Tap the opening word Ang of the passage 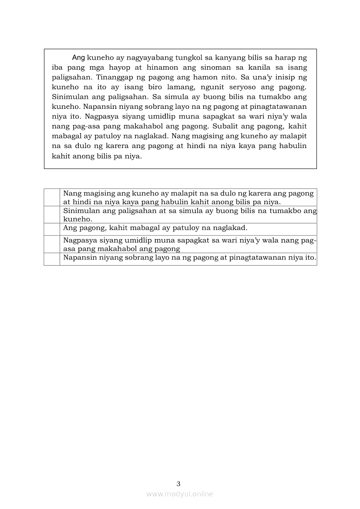pos(78,57)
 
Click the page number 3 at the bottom pos(178,484)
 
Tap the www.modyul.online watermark pos(180,494)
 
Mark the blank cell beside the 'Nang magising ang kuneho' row pos(52,197)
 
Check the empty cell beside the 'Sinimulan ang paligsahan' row pos(52,215)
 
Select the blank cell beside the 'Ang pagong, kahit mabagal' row pos(52,229)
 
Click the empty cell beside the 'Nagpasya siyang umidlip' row pos(52,244)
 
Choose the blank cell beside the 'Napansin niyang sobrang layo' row pos(52,259)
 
